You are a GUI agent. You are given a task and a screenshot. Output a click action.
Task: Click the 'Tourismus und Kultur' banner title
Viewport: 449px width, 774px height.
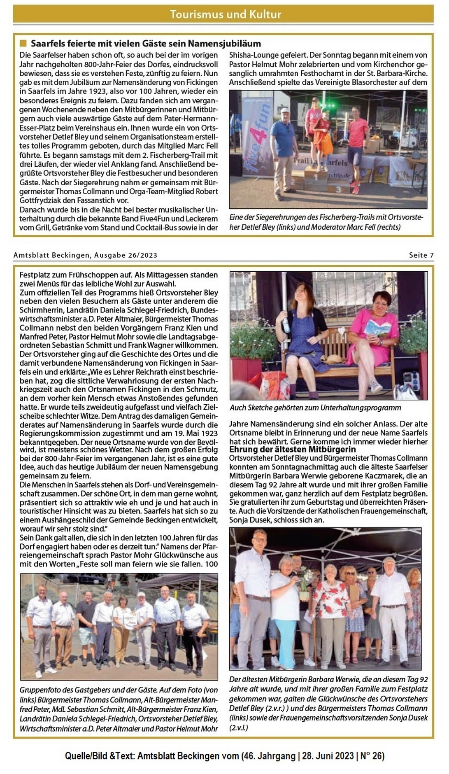[225, 14]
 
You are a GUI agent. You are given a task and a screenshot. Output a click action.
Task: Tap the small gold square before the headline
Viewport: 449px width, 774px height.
[23, 43]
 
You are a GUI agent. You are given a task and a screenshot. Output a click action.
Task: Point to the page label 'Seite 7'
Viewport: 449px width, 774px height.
[421, 255]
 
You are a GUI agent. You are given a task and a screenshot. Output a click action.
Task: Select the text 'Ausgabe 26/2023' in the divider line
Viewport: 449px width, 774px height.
[126, 255]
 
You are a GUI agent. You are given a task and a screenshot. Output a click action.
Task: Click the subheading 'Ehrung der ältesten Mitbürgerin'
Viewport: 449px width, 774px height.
[292, 449]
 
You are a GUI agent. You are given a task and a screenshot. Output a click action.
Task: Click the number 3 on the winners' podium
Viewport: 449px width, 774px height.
[338, 189]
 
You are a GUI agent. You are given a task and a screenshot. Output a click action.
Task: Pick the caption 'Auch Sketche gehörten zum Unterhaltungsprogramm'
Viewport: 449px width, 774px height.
[315, 408]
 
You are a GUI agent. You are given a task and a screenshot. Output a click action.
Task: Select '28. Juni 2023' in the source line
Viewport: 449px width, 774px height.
[328, 756]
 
